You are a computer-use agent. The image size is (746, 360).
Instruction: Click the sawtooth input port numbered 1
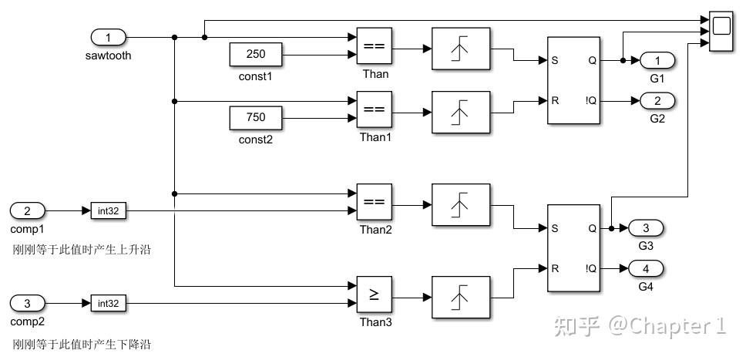(x=109, y=37)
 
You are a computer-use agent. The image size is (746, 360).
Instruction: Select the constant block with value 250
(x=256, y=54)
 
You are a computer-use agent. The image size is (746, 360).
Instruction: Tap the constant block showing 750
(x=256, y=118)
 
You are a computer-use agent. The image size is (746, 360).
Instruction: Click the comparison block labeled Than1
(x=375, y=109)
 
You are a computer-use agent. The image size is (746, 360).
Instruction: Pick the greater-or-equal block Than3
(x=375, y=294)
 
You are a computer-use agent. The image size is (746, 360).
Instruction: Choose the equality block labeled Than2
(x=375, y=202)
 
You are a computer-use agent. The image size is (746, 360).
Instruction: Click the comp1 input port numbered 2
(x=28, y=210)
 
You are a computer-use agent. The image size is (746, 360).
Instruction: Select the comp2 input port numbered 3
(x=28, y=303)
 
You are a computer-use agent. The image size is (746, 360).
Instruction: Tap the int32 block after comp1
(x=109, y=210)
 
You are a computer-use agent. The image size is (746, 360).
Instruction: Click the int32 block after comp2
(x=109, y=303)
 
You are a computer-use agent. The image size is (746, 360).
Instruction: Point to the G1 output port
(x=657, y=60)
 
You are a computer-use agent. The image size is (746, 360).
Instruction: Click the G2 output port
(x=657, y=101)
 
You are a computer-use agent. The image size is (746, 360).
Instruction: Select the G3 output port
(x=646, y=229)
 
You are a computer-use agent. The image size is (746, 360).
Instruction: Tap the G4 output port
(x=646, y=268)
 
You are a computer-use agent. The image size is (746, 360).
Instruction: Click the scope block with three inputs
(x=721, y=32)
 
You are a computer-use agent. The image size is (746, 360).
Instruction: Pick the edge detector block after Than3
(x=461, y=298)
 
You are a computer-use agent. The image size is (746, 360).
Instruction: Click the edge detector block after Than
(x=461, y=49)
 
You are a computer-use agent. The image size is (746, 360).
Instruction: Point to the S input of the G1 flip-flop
(x=555, y=60)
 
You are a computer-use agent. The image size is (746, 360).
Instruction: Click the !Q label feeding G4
(x=590, y=268)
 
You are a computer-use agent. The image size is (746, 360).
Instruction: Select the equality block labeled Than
(x=375, y=45)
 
